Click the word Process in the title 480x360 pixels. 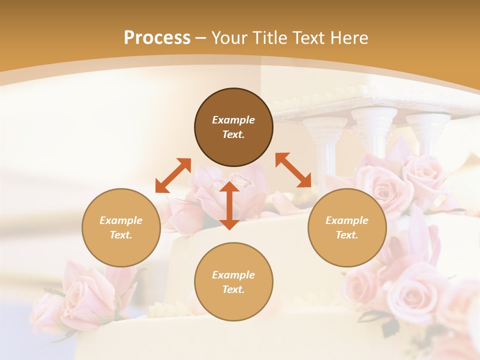pos(157,38)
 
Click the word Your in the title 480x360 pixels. pos(230,38)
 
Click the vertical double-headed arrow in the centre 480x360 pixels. pos(229,205)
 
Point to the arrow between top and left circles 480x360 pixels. pos(173,175)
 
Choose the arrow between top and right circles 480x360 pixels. pos(293,170)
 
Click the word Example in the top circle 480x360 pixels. pos(233,120)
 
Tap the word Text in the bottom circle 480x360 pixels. pos(233,289)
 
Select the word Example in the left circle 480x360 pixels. pos(121,220)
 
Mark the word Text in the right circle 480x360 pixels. pos(347,235)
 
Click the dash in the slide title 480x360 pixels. pos(201,38)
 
